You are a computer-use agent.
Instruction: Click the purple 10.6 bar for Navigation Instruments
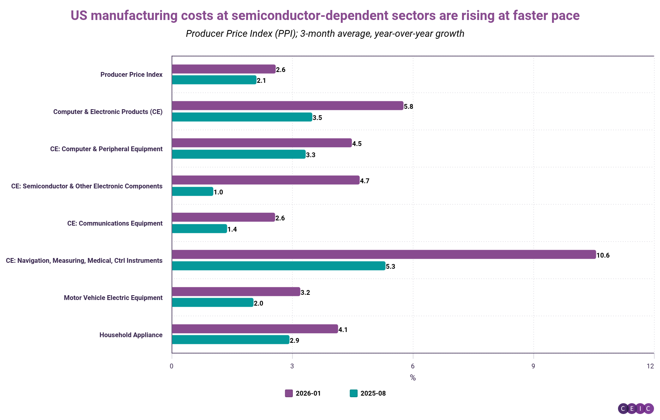[x=384, y=254]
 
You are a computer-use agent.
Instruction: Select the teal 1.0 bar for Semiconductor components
[x=192, y=192]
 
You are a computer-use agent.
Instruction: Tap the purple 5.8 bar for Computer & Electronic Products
[x=287, y=106]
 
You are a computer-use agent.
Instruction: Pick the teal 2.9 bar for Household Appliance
[x=230, y=340]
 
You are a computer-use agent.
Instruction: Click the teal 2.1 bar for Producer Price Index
[x=214, y=80]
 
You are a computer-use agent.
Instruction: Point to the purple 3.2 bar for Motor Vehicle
[x=236, y=292]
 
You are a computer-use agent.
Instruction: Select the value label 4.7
[x=365, y=181]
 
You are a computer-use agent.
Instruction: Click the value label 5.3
[x=390, y=266]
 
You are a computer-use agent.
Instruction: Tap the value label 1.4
[x=232, y=229]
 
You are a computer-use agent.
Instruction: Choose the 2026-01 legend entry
[x=303, y=393]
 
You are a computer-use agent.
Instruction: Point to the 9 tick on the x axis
[x=533, y=366]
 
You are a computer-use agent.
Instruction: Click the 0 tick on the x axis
[x=172, y=366]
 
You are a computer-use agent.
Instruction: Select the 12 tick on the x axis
[x=651, y=366]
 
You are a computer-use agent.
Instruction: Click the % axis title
[x=413, y=378]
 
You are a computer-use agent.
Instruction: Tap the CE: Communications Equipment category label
[x=115, y=223]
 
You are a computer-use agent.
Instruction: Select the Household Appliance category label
[x=131, y=335]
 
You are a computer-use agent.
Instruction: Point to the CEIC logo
[x=636, y=408]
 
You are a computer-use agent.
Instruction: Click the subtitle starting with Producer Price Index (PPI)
[x=325, y=34]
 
